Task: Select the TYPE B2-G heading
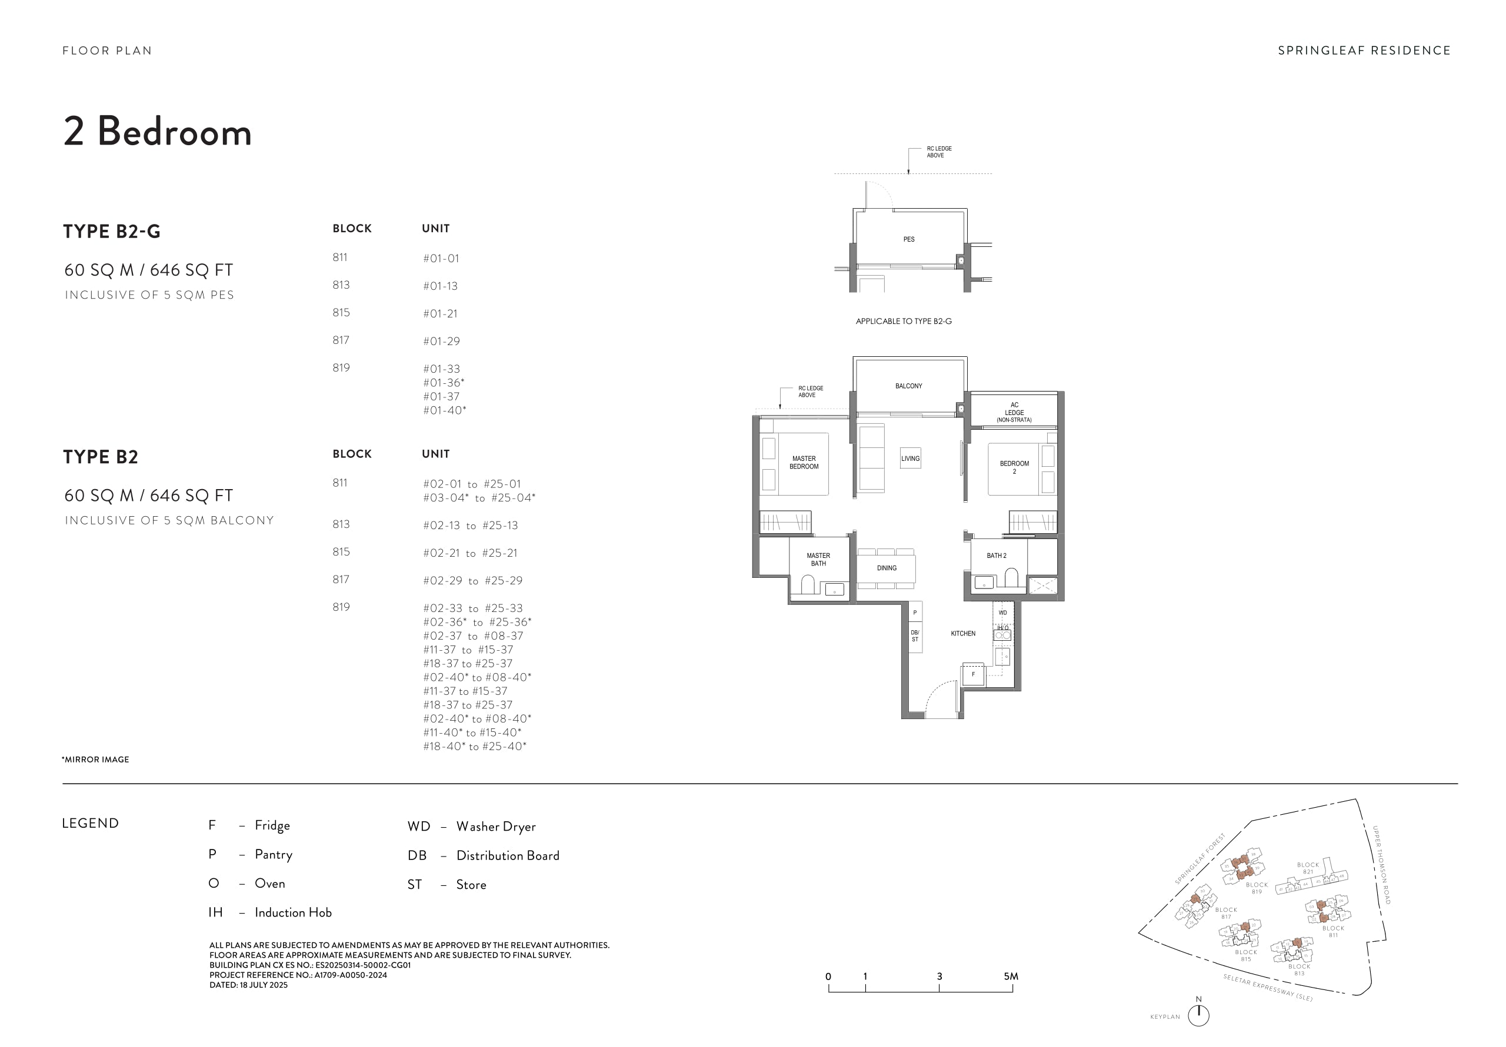[112, 232]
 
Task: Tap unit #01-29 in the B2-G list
[441, 341]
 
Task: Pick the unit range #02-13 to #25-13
[470, 525]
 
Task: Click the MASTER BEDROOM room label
[804, 463]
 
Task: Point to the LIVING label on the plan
[909, 459]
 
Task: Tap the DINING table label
[886, 568]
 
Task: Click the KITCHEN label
[963, 633]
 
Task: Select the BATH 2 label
[996, 556]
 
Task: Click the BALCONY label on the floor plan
[908, 386]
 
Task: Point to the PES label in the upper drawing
[908, 239]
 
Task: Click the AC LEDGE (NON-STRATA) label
[1014, 412]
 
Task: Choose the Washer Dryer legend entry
[495, 827]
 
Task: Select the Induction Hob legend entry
[292, 912]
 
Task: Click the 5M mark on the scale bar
[1011, 976]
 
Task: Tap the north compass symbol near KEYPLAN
[1198, 1014]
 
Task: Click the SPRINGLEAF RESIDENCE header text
[1364, 51]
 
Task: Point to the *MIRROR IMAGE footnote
[95, 759]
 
